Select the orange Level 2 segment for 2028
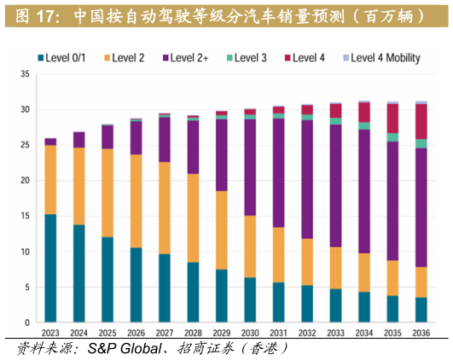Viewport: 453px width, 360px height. [193, 218]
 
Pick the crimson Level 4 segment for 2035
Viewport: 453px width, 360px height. [392, 118]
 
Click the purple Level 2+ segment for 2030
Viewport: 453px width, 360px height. [250, 167]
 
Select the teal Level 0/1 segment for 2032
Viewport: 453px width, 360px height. [307, 304]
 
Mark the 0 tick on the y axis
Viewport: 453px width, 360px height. [27, 322]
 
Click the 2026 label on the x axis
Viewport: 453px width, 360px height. [136, 334]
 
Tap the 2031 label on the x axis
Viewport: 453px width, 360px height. [278, 334]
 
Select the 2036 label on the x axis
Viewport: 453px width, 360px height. [421, 334]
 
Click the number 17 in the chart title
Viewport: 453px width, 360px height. [46, 15]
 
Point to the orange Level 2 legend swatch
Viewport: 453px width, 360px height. [108, 58]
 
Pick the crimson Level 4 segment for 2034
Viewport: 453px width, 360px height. [364, 112]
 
